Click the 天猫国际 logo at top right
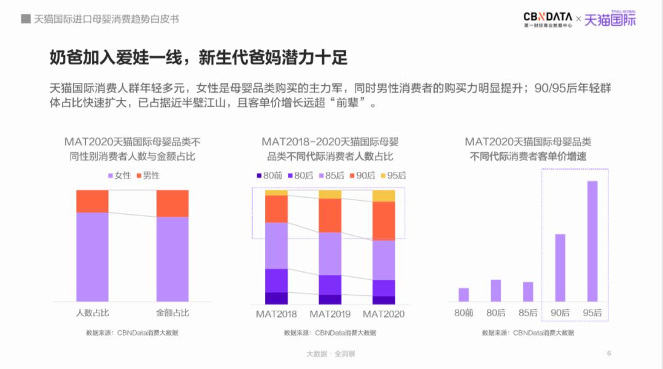610,20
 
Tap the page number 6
608,353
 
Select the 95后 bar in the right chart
592,241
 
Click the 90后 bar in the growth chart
560,268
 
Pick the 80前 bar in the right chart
463,295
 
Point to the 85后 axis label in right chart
527,313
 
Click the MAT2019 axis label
330,314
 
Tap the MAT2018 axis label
276,314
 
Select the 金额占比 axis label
173,313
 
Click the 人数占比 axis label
92,313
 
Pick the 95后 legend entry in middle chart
393,175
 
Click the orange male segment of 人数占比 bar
92,201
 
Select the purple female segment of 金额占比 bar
173,258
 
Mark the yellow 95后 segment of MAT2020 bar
384,196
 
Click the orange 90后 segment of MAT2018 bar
276,209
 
